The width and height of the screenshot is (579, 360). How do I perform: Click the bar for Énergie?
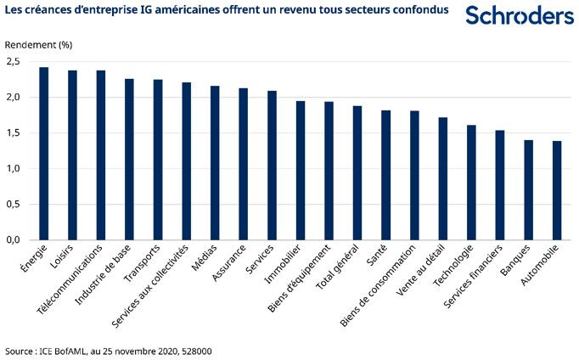pyautogui.click(x=43, y=153)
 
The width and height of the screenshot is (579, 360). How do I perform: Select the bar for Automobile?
pyautogui.click(x=557, y=190)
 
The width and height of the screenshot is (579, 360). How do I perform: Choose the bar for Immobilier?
pyautogui.click(x=301, y=170)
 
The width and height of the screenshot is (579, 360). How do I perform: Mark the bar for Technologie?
pyautogui.click(x=471, y=182)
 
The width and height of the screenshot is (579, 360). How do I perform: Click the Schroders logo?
pyautogui.click(x=520, y=15)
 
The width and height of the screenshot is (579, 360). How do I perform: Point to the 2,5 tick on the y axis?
pyautogui.click(x=13, y=62)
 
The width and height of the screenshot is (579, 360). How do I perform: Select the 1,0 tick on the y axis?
pyautogui.click(x=13, y=168)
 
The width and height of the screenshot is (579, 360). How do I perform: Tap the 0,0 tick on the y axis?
pyautogui.click(x=13, y=239)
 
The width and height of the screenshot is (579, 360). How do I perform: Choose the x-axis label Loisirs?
pyautogui.click(x=62, y=255)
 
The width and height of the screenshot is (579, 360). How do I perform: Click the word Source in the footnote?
pyautogui.click(x=19, y=350)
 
